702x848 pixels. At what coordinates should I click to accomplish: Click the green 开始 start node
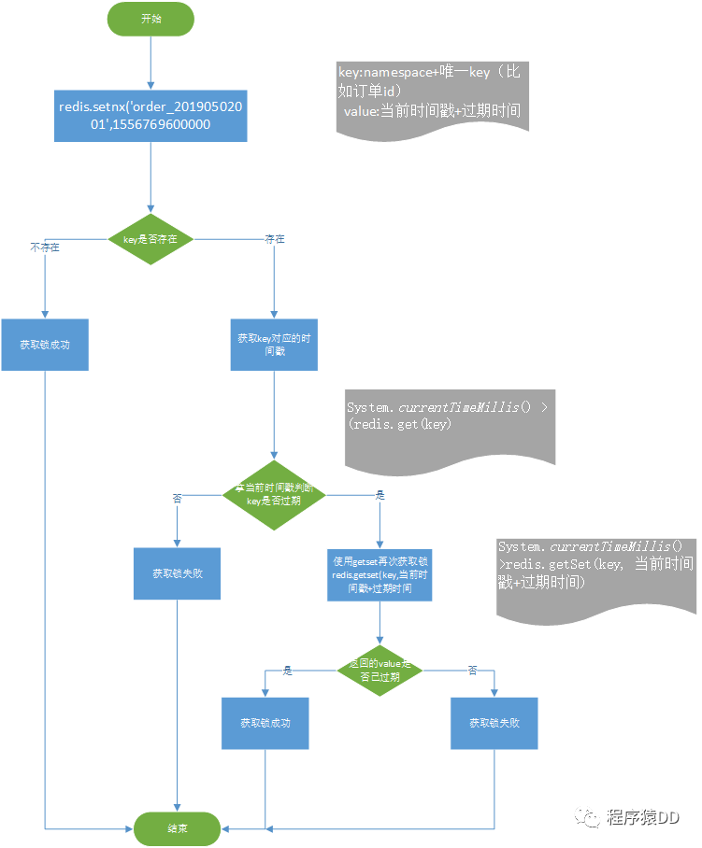(150, 19)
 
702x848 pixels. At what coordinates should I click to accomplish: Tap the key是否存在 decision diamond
(150, 240)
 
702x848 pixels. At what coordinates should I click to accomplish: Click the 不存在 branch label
(45, 247)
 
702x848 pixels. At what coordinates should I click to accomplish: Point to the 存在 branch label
(275, 240)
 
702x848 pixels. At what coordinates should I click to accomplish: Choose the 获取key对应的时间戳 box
(274, 345)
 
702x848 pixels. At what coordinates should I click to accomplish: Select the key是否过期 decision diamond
(274, 495)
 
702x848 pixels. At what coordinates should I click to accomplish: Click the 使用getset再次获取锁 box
(380, 574)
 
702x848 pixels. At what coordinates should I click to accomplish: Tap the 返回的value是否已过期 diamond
(380, 670)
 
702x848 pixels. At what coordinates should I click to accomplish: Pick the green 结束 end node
(177, 827)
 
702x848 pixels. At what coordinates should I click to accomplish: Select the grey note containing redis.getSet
(595, 574)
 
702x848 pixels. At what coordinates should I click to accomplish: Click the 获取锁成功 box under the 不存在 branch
(45, 345)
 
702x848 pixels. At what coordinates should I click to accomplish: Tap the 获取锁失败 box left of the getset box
(178, 573)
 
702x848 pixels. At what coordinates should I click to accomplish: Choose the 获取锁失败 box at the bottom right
(494, 723)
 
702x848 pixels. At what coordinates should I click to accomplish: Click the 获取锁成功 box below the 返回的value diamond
(265, 723)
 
